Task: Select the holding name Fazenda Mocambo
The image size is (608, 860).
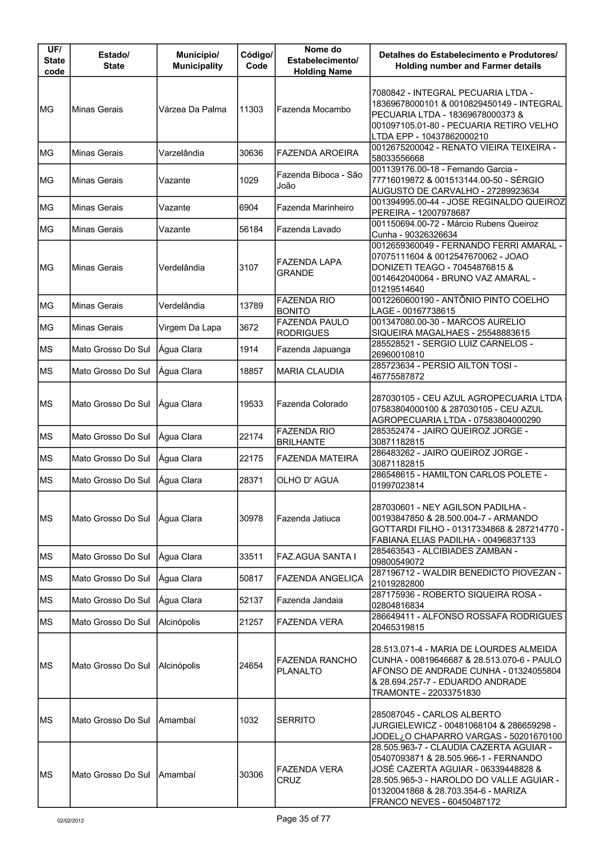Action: point(313,110)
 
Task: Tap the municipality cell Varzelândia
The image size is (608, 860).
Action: point(181,153)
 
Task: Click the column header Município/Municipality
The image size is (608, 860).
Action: point(197,60)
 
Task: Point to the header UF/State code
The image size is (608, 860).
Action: point(54,60)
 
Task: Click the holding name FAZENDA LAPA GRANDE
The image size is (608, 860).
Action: point(309,267)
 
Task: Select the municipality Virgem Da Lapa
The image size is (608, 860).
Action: point(190,327)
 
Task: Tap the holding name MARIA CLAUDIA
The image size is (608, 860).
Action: point(310,371)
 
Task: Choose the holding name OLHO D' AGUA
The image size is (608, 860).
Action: point(308,480)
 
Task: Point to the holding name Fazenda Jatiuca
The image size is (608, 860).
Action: point(308,518)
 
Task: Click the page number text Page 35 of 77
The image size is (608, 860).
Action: point(303,819)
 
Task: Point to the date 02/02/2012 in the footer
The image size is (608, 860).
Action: point(70,821)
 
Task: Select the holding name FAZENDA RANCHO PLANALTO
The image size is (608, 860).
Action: point(317,666)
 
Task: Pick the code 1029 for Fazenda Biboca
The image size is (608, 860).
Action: point(249,180)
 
